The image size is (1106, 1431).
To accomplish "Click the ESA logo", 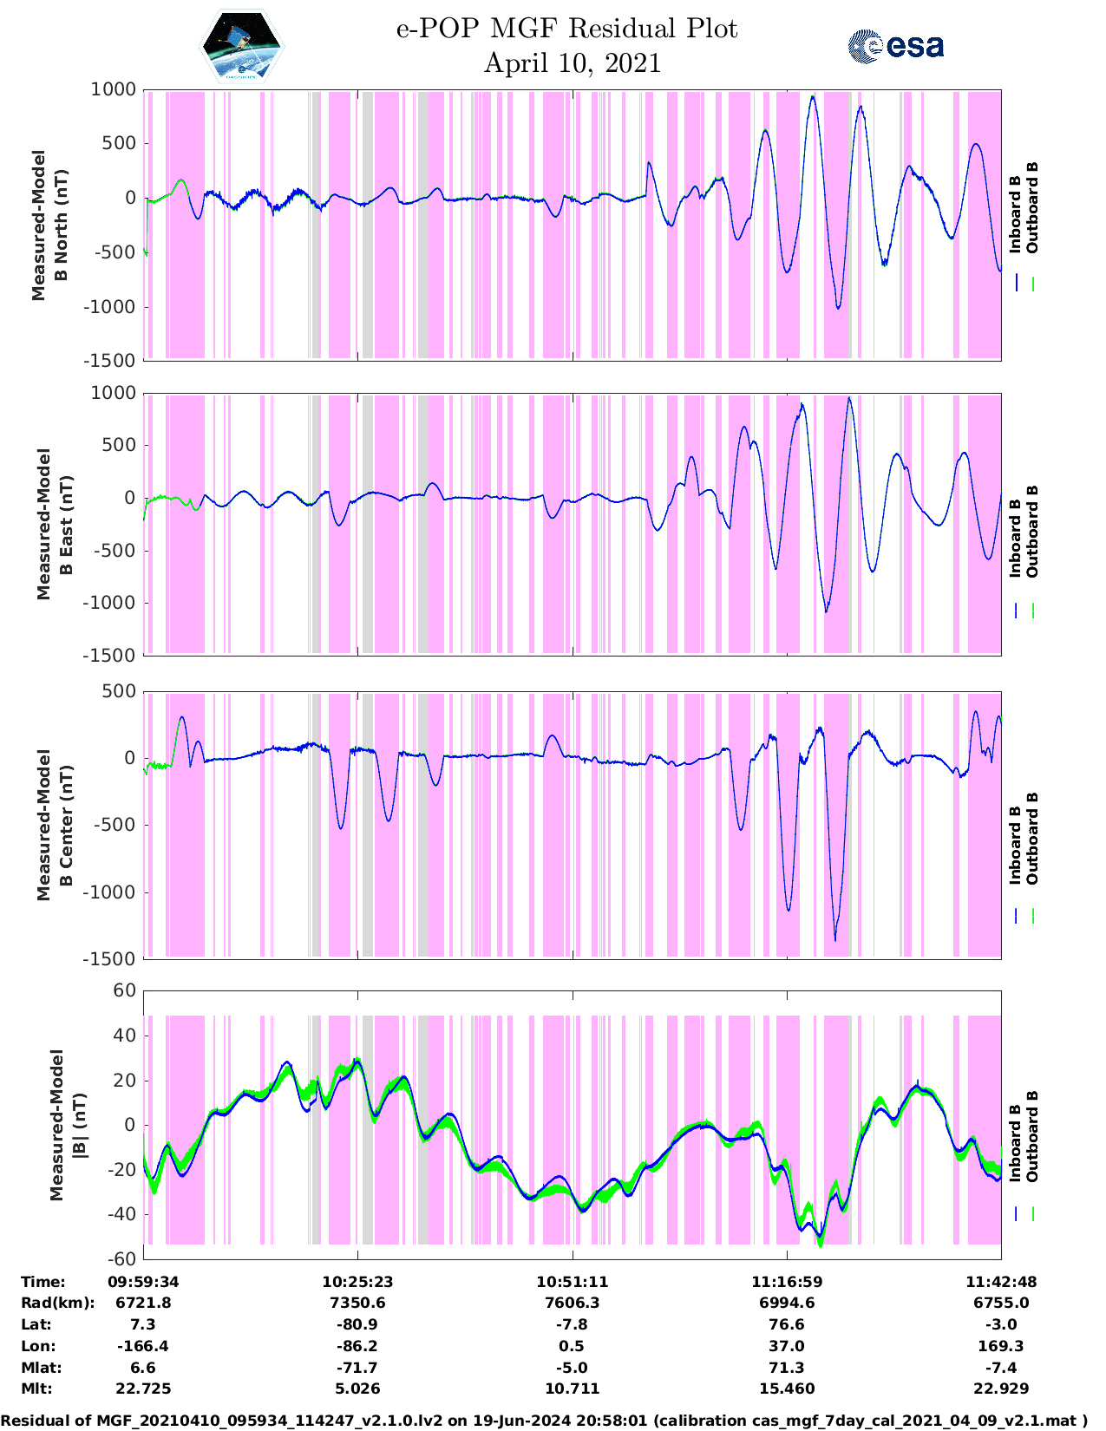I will point(895,46).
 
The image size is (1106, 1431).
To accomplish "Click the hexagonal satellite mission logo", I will point(242,45).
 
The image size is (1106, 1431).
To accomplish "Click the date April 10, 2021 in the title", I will point(572,63).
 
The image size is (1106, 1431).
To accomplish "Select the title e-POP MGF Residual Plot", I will point(566,29).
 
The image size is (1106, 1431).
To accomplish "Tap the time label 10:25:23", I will point(357,1282).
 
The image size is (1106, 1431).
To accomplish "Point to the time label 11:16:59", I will point(787,1282).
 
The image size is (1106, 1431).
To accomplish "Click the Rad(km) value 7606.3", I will point(572,1303).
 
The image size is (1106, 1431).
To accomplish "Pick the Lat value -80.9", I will point(357,1324).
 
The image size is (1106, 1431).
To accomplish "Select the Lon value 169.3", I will point(1001,1346).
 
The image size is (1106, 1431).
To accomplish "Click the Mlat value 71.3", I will point(787,1368).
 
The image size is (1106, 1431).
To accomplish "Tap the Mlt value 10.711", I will point(572,1389).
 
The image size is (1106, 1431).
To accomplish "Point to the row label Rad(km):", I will point(57,1303).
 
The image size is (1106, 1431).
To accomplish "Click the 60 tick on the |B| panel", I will point(125,990).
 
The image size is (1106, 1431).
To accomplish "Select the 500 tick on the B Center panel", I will point(120,691).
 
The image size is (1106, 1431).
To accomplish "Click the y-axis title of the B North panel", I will point(50,225).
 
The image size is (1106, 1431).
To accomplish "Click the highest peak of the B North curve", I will point(813,97).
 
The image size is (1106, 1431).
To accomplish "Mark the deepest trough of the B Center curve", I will point(835,939).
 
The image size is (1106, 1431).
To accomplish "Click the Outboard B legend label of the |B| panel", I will point(1032,1136).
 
